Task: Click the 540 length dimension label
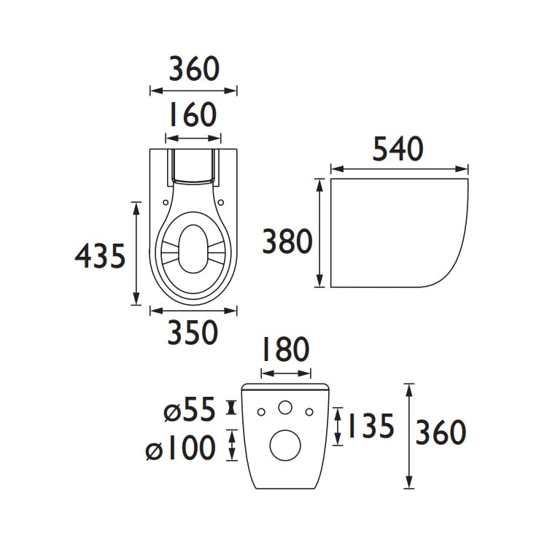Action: click(x=398, y=149)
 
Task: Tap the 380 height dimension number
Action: click(x=287, y=241)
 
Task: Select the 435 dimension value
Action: click(x=101, y=256)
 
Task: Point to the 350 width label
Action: click(x=193, y=333)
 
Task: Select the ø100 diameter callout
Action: click(x=182, y=447)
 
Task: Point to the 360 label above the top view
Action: click(x=193, y=70)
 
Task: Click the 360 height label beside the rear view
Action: click(x=441, y=433)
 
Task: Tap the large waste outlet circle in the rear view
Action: click(x=285, y=444)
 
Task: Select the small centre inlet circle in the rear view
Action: click(x=286, y=408)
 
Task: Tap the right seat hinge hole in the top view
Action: click(x=220, y=203)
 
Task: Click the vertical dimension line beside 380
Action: click(x=319, y=233)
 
